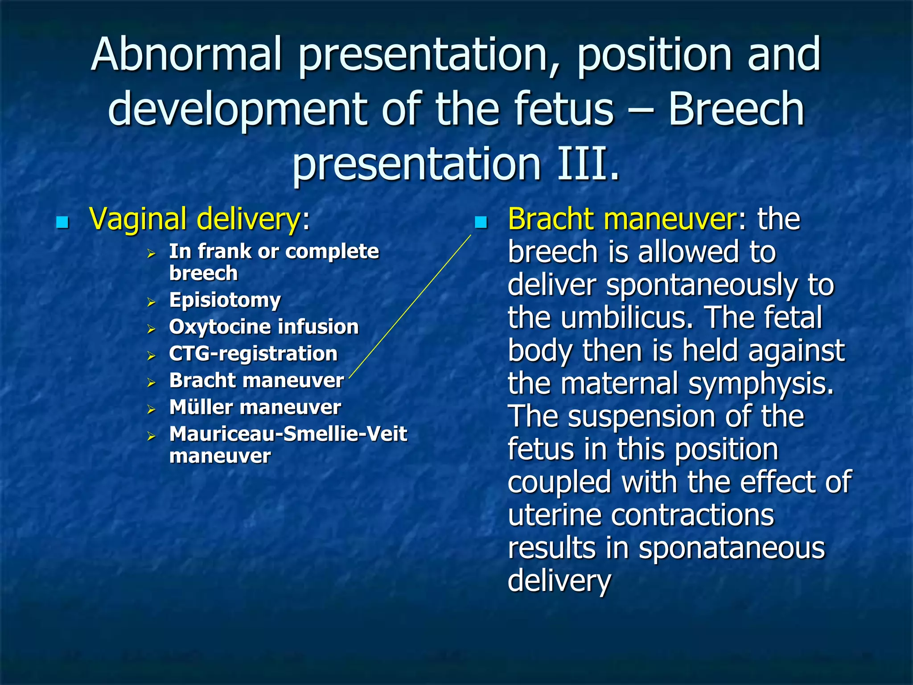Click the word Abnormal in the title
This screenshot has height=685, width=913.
[186, 54]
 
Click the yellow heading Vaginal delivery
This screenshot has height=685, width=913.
[195, 219]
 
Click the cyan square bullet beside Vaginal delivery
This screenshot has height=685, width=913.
[62, 222]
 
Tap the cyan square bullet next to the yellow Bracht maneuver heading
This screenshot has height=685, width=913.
[481, 222]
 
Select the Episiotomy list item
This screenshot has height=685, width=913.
[225, 300]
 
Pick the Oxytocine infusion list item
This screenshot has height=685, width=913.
[263, 327]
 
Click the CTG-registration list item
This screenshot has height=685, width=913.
[253, 354]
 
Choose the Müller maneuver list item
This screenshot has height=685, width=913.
[255, 407]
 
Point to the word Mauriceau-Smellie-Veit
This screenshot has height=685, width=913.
[288, 434]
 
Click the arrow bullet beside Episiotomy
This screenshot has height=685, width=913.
[152, 302]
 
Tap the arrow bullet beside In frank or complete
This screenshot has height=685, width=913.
[152, 254]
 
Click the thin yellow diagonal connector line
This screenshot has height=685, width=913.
[410, 306]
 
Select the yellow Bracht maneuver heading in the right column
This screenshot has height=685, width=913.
[622, 219]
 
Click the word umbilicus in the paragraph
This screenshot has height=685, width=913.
[627, 318]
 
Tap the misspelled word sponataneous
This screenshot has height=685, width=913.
[732, 548]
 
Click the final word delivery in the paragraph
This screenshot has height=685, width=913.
[559, 581]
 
